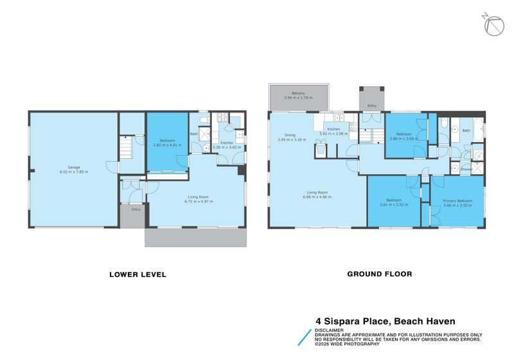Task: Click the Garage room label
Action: (73, 168)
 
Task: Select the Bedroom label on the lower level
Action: (167, 141)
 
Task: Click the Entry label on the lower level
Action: (136, 210)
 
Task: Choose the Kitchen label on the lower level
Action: (227, 143)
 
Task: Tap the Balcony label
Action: (297, 93)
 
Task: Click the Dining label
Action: (290, 135)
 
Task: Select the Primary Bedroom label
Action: (457, 201)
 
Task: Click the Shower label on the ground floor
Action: (466, 170)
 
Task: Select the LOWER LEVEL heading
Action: (137, 274)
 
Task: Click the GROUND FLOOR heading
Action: (380, 274)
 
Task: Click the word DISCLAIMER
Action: (330, 330)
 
